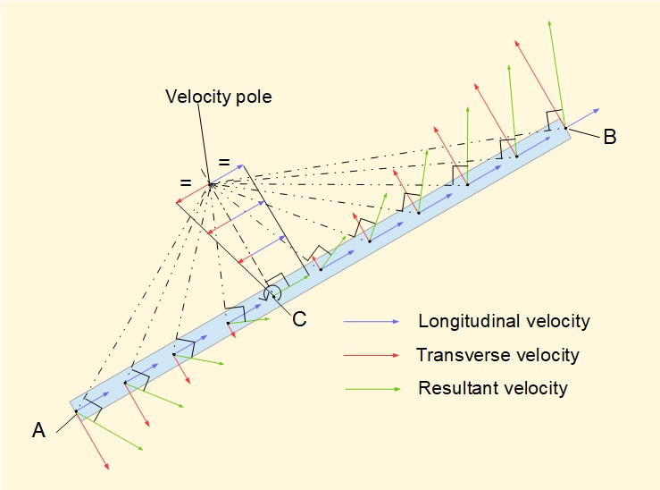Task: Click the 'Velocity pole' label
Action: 218,97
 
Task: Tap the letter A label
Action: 38,431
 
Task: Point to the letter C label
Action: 300,319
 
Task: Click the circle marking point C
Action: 273,294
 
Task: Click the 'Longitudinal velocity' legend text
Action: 503,321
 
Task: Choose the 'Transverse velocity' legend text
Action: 497,355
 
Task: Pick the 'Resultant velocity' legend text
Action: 493,388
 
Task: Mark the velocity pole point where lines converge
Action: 211,184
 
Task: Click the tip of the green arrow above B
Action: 549,21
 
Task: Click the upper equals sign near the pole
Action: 224,162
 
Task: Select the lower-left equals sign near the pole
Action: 186,183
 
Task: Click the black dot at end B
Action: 564,128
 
